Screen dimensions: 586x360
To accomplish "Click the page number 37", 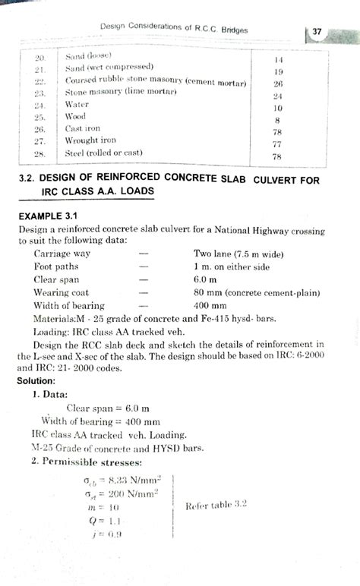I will pos(317,32).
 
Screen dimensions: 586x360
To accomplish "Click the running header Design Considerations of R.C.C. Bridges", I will pos(174,29).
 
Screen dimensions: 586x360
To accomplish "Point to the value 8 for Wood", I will pos(278,119).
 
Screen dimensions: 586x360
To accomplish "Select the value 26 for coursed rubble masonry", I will pos(278,83).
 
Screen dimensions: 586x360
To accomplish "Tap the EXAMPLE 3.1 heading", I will pos(47,216).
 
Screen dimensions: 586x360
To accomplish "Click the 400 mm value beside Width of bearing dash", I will pos(212,305).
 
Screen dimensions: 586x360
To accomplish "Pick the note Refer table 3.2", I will pos(218,504).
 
